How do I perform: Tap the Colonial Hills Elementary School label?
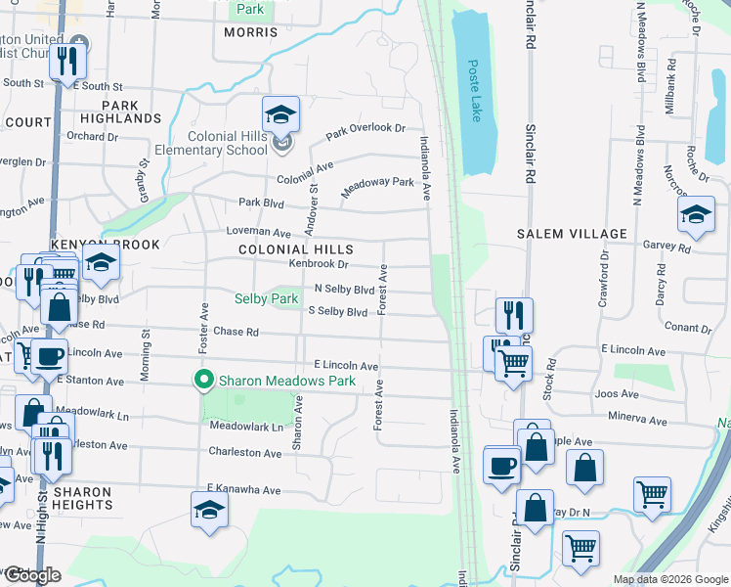211,143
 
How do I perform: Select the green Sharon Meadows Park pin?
204,380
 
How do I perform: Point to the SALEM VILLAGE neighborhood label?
572,233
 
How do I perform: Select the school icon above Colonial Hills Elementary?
280,115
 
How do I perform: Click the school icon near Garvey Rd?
696,215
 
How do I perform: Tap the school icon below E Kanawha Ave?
210,511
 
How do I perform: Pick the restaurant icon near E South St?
68,61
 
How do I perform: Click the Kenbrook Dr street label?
319,264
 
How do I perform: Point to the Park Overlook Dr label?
365,129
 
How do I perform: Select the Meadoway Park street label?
377,188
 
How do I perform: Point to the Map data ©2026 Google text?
669,579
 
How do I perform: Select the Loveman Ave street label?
259,233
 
